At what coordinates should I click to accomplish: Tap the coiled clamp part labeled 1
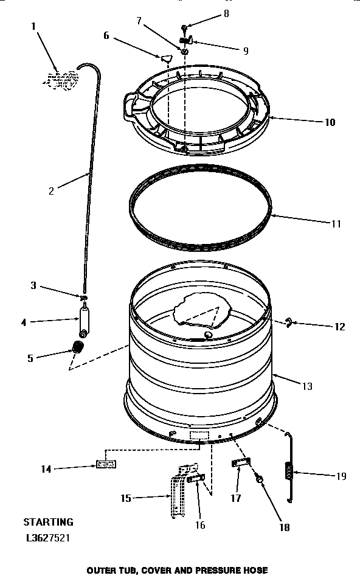(63, 79)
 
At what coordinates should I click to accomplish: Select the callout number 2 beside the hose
(51, 191)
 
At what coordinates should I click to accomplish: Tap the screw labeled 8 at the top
(185, 28)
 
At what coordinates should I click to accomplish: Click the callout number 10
(330, 122)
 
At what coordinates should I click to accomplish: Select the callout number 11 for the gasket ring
(336, 223)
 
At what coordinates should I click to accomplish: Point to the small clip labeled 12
(289, 322)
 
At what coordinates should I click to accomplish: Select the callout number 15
(125, 498)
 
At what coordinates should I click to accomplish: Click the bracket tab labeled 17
(240, 464)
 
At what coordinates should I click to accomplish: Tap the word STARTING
(48, 521)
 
